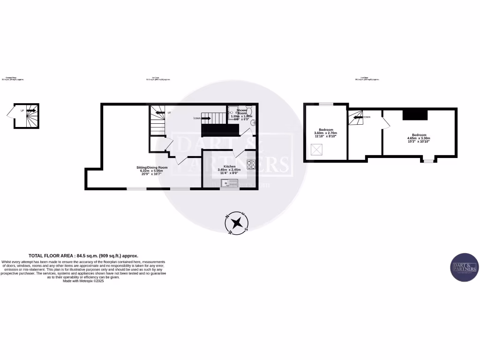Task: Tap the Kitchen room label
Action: pos(229,166)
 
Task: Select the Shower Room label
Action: pos(242,112)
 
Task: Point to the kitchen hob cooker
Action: pos(251,165)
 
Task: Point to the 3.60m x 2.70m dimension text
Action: pos(326,133)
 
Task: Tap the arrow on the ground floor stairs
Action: pos(31,111)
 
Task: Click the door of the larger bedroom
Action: pos(385,122)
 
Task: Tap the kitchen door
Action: pos(239,152)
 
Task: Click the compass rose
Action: pos(238,223)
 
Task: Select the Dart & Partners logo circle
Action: pos(464,267)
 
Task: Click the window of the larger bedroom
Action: pos(427,161)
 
